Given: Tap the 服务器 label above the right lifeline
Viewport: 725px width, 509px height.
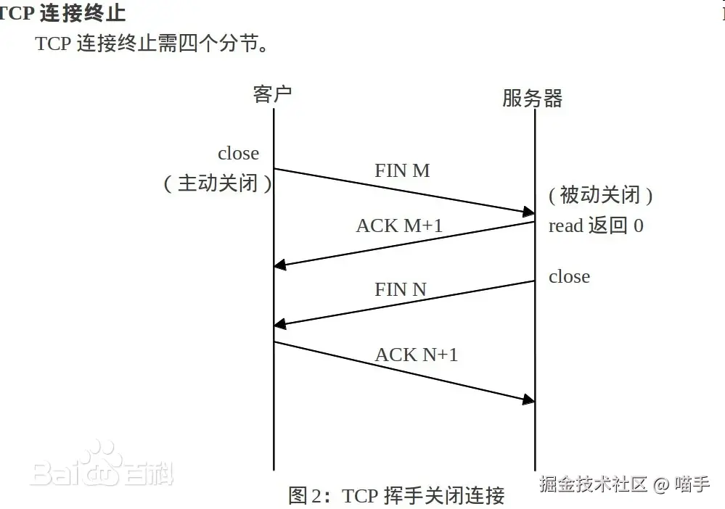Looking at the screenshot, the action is pos(532,98).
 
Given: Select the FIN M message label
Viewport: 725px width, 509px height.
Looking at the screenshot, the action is pos(402,170).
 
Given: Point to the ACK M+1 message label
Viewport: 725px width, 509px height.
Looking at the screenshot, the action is pos(399,225).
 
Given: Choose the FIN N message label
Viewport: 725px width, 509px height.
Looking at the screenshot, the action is pos(400,289).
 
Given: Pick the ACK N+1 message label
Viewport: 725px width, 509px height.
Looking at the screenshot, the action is pos(416,355).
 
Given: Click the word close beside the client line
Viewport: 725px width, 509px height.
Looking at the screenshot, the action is pos(238,153).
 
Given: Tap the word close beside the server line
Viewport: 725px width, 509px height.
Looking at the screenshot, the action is pos(569,276).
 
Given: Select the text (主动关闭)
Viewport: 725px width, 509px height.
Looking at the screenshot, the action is pos(218,183).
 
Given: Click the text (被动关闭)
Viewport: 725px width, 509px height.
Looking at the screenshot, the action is pos(600,194).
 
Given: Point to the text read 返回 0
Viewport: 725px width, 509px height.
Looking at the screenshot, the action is pos(596,225).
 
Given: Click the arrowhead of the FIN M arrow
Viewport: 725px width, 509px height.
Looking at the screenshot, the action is pos(529,212).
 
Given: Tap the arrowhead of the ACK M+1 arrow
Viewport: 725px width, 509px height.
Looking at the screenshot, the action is pos(280,265).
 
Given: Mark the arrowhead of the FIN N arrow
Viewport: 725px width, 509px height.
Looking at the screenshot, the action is pos(280,324).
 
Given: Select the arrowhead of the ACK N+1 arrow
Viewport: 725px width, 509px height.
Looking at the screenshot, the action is pos(529,400).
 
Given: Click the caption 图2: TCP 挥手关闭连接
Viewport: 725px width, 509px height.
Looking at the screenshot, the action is pos(396,495).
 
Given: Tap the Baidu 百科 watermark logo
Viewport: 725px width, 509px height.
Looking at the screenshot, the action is pos(102,468).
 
